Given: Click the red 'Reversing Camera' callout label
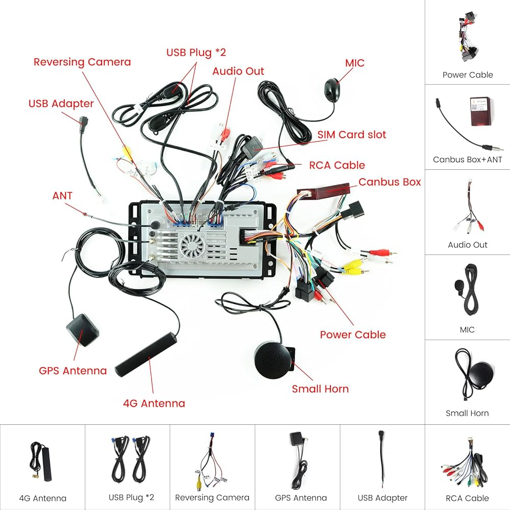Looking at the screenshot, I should pos(82,62).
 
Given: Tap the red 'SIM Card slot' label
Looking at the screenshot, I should pos(352,135).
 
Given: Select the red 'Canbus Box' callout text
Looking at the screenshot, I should pos(390,182).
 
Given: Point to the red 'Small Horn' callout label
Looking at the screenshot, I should pos(320,389).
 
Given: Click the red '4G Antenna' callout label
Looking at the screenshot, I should pos(154,403).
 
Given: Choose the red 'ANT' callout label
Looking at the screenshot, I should pos(62,196).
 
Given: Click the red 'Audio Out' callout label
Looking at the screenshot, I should pos(238,71).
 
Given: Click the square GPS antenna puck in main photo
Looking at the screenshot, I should pos(82,329).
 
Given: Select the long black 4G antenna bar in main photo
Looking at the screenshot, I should pos(146,354).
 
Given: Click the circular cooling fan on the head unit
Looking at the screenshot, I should pos(192,246).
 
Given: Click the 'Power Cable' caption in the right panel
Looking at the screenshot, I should pos(468,75).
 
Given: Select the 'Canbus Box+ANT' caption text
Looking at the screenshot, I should pos(468,160).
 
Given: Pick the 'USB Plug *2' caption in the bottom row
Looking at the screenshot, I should pos(131,498).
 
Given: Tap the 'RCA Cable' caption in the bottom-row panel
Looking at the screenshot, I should pos(467,498).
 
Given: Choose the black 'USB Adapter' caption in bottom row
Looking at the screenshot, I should pos(382,498).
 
